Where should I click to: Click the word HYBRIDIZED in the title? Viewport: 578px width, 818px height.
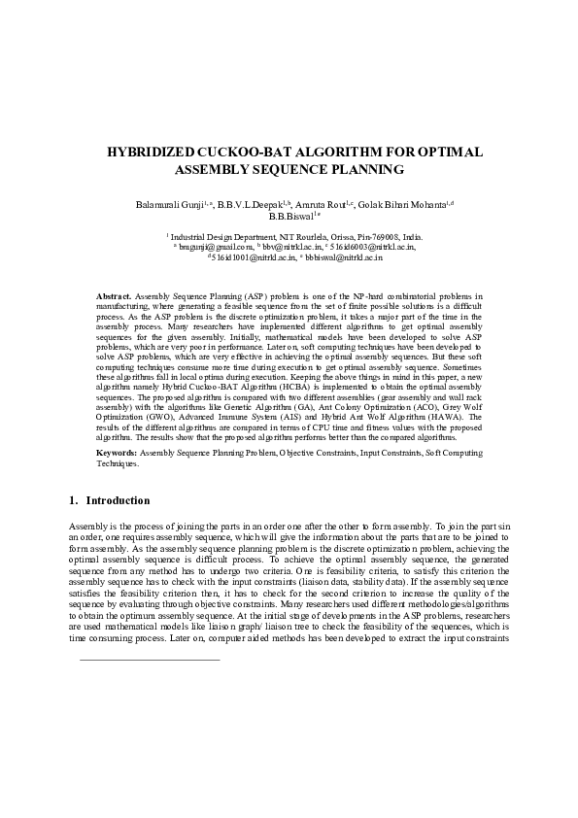pos(159,153)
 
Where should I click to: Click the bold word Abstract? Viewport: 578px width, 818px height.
pos(114,293)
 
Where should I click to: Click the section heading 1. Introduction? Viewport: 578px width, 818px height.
pos(109,501)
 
